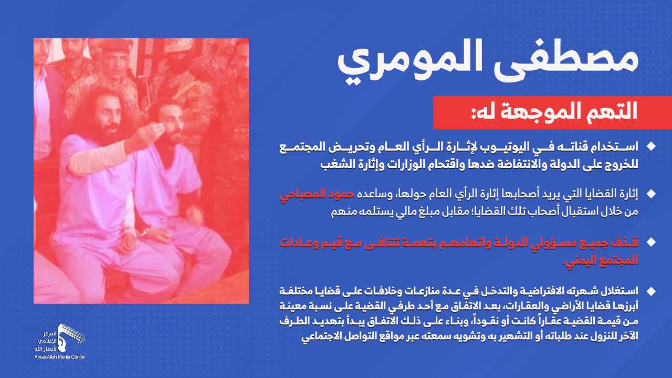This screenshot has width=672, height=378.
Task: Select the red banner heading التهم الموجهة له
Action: pyautogui.click(x=554, y=111)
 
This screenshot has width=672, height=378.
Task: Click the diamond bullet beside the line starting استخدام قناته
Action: pyautogui.click(x=652, y=146)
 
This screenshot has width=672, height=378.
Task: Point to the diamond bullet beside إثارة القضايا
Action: pyautogui.click(x=652, y=194)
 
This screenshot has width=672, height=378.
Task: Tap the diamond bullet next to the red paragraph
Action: pyautogui.click(x=652, y=242)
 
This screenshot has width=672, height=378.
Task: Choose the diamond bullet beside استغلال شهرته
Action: pyautogui.click(x=652, y=291)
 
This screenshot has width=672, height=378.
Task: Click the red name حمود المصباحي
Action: pyautogui.click(x=317, y=194)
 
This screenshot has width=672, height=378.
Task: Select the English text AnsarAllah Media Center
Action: pyautogui.click(x=60, y=357)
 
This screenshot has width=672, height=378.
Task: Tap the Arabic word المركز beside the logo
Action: pyautogui.click(x=50, y=334)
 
